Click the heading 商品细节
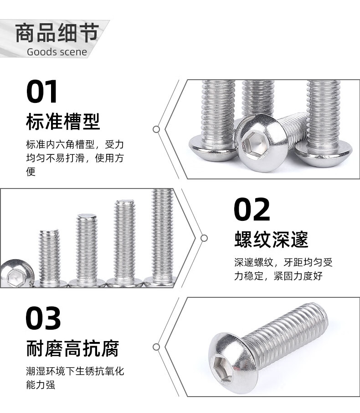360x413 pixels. (57, 33)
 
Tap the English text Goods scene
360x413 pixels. (57, 52)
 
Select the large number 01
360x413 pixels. (41, 92)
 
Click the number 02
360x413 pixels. (252, 209)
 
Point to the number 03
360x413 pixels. (43, 318)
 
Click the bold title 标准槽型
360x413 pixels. (63, 122)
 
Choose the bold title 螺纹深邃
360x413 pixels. (271, 240)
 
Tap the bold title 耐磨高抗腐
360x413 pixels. (72, 348)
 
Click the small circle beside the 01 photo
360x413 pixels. (156, 129)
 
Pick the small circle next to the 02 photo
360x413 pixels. (204, 238)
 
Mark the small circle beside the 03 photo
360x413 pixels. (156, 347)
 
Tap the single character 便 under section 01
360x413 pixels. (31, 172)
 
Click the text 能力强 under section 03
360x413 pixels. (41, 385)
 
